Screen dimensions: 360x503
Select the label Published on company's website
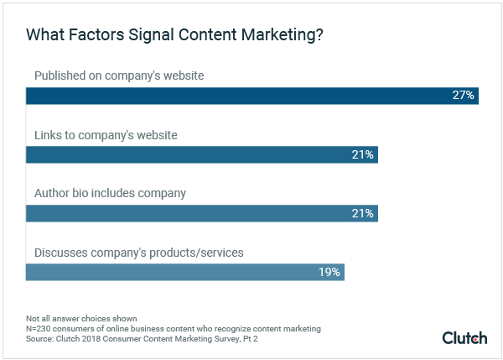click(x=119, y=76)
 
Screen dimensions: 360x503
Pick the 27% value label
click(x=464, y=96)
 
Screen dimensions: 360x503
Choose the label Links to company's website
click(x=106, y=135)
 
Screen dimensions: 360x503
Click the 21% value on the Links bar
click(x=363, y=154)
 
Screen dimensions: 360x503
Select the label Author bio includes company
click(x=110, y=193)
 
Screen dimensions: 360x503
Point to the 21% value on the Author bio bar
click(x=363, y=213)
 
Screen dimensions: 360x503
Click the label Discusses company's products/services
click(x=138, y=252)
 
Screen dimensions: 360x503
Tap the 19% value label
click(x=329, y=272)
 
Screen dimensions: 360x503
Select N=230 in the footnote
click(x=38, y=329)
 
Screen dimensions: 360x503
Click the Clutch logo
click(x=464, y=337)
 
